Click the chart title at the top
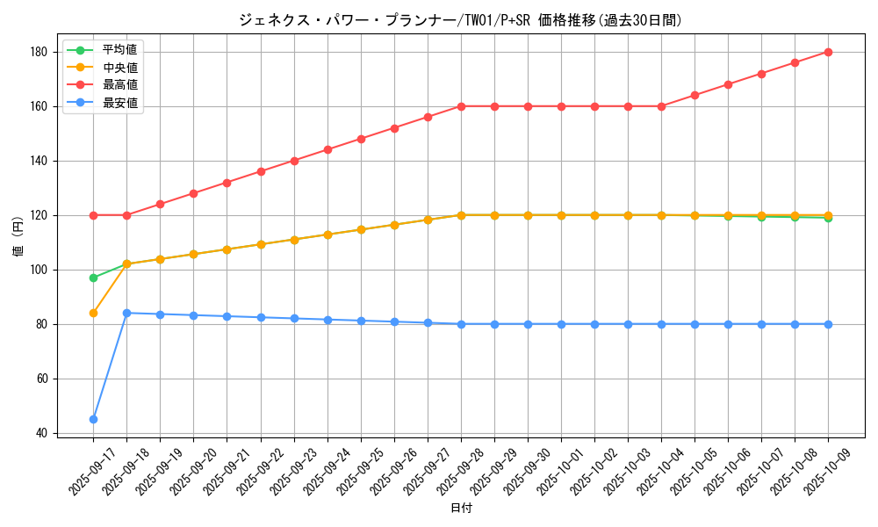[x=460, y=20]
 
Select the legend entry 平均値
[x=119, y=49]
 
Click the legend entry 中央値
[x=119, y=67]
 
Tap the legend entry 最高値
[x=119, y=85]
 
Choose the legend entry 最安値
[x=119, y=103]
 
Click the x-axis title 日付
[x=461, y=509]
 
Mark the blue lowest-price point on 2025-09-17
[x=93, y=419]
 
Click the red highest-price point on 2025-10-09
[x=828, y=52]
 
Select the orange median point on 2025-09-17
[x=93, y=313]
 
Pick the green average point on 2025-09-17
[x=93, y=278]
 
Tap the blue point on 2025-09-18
[x=126, y=313]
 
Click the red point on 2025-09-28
[x=461, y=106]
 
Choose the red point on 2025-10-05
[x=694, y=95]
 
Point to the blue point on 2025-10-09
[x=828, y=324]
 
